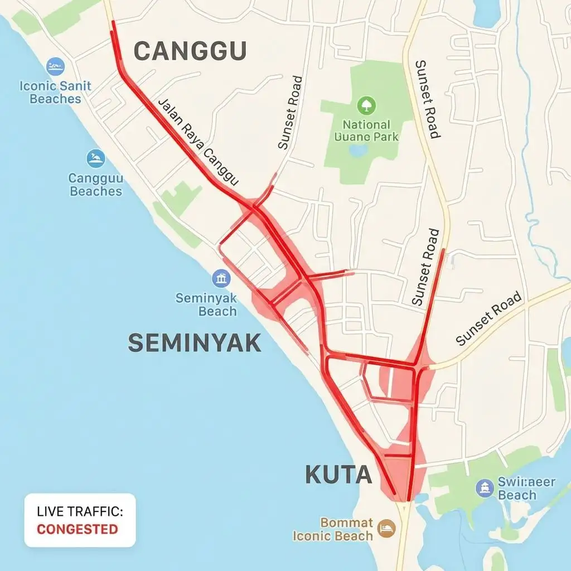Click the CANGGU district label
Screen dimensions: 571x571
pyautogui.click(x=190, y=52)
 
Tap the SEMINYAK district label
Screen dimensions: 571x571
pyautogui.click(x=195, y=342)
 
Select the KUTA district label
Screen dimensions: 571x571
pyautogui.click(x=338, y=475)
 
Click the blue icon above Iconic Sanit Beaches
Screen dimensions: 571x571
pyautogui.click(x=55, y=67)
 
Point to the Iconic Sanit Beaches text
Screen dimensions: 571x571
pyautogui.click(x=55, y=93)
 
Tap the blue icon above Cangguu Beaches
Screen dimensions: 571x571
pyautogui.click(x=96, y=158)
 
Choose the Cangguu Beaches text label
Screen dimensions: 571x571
pyautogui.click(x=95, y=185)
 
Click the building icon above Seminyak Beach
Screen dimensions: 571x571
pyautogui.click(x=221, y=278)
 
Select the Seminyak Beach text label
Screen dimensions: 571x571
pyautogui.click(x=206, y=304)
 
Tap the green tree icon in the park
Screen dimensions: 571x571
pyautogui.click(x=366, y=105)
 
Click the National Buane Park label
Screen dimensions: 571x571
pyautogui.click(x=366, y=130)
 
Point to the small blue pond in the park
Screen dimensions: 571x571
pyautogui.click(x=358, y=150)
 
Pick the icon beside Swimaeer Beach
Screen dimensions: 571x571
pyautogui.click(x=485, y=488)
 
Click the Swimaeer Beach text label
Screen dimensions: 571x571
pyautogui.click(x=525, y=488)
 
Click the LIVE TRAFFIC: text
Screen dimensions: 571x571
pyautogui.click(x=80, y=511)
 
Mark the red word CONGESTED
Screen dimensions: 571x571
pyautogui.click(x=78, y=529)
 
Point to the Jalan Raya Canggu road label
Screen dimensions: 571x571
pyautogui.click(x=199, y=142)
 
